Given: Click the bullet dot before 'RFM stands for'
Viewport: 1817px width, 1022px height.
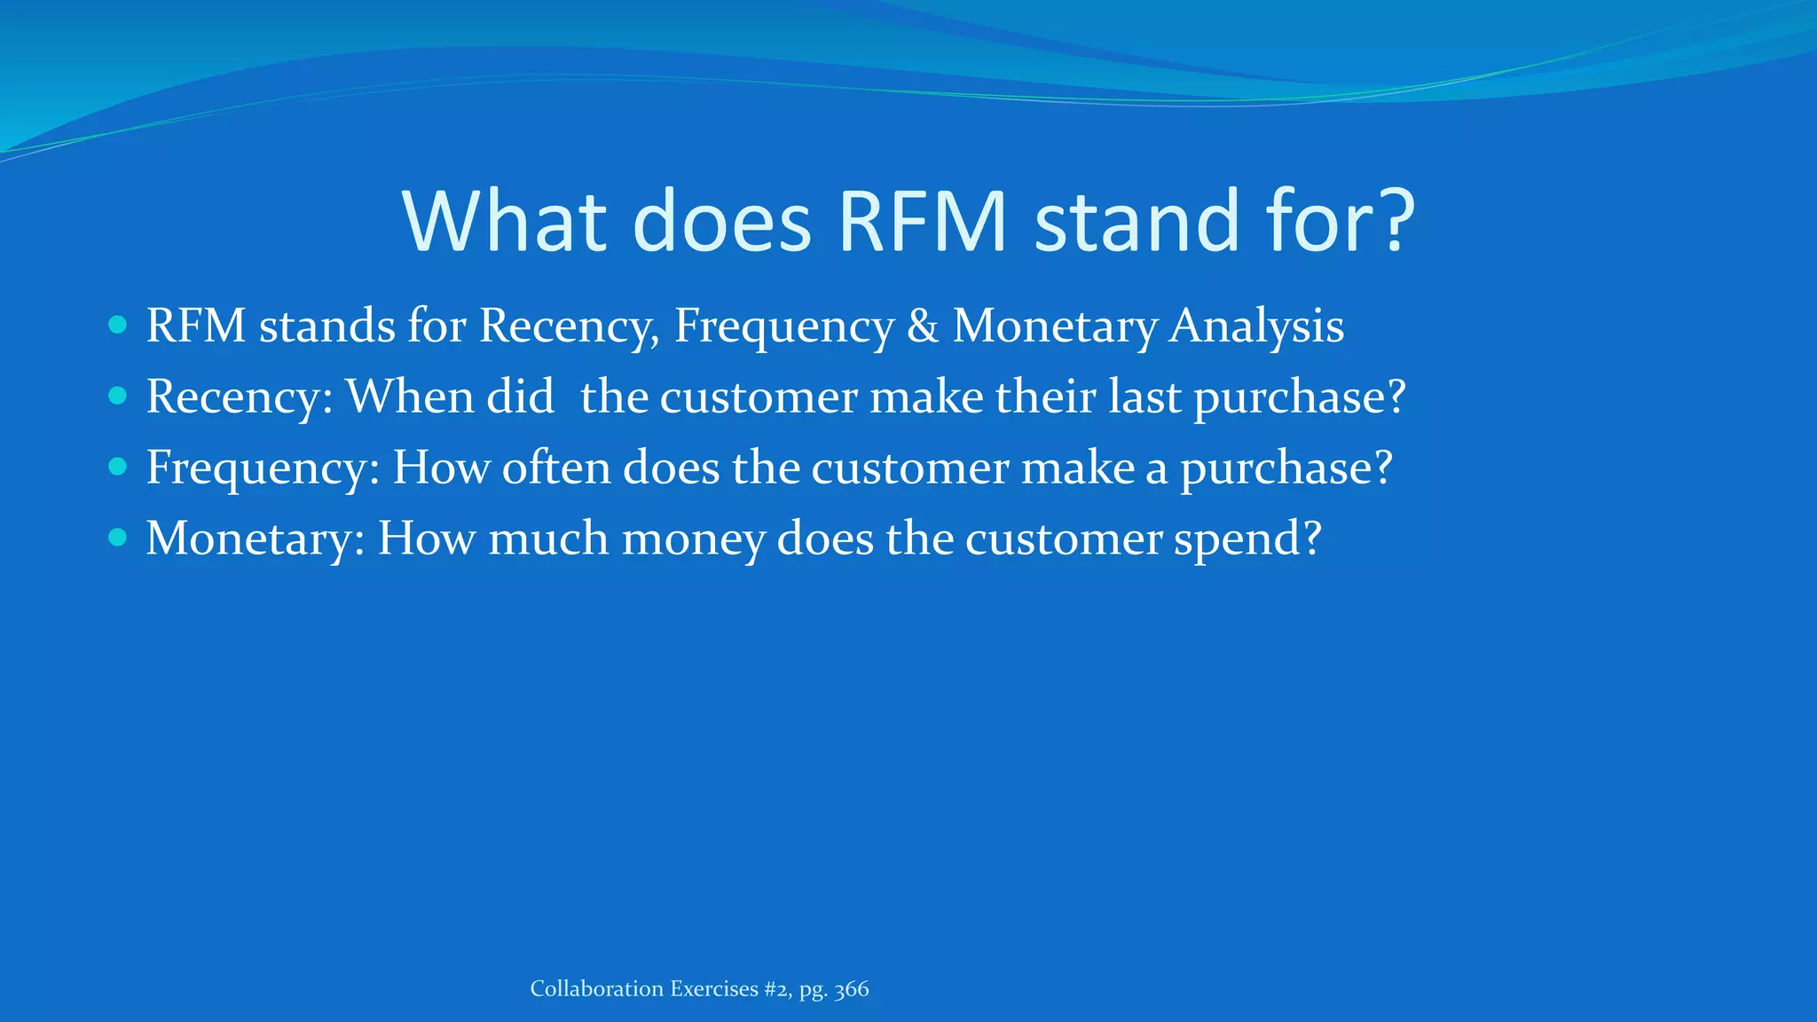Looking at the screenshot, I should pos(117,325).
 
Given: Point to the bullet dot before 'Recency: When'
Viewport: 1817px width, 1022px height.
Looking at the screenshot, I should pos(117,396).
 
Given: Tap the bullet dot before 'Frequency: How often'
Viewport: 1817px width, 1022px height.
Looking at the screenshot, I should pos(117,467).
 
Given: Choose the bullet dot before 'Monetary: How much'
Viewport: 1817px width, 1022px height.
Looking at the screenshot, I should pos(117,538).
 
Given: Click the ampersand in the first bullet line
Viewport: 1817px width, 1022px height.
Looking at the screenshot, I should pos(923,326).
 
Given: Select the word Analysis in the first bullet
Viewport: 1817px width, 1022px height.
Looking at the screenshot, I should pos(1256,326).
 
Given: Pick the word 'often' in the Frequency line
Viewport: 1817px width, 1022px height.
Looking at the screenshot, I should pos(556,468).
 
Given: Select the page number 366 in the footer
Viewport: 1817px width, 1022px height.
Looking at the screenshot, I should pos(852,989).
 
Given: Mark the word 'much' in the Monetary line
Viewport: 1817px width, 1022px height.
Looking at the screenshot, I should pos(548,539).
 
